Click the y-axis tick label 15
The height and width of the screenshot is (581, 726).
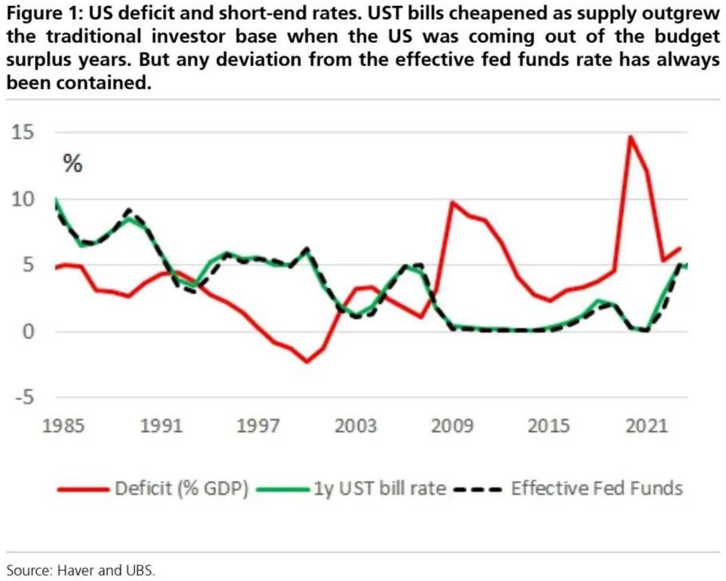pos(25,133)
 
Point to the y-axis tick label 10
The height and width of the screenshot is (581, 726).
pos(25,199)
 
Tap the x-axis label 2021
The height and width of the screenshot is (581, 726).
pos(648,427)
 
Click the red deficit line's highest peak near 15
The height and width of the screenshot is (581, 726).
pos(630,136)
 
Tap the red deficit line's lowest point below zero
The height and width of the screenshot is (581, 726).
pos(307,362)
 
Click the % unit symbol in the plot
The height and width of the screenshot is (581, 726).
pos(73,164)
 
